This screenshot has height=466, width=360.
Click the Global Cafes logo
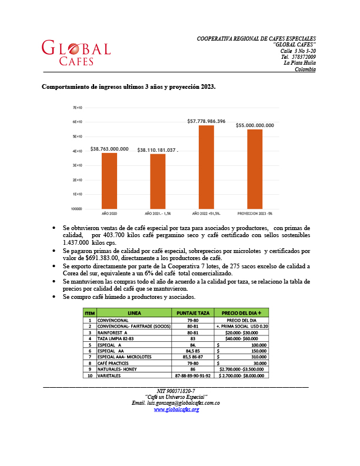(x=75, y=53)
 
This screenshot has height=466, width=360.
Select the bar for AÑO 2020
(x=109, y=181)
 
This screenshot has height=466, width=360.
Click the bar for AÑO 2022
(x=206, y=167)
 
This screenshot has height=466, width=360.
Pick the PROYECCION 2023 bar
(x=254, y=169)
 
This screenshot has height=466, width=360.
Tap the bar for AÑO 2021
(x=158, y=181)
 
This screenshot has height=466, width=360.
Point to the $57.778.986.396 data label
(x=206, y=121)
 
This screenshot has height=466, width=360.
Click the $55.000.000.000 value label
(x=254, y=125)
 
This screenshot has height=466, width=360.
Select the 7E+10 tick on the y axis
(x=77, y=108)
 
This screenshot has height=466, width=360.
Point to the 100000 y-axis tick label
(x=76, y=209)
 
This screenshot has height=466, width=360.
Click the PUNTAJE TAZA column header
(x=193, y=312)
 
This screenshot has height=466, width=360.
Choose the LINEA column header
(x=134, y=312)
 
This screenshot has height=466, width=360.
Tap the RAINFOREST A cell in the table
(x=113, y=332)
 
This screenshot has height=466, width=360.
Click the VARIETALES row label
(x=109, y=375)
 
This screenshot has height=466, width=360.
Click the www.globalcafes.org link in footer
(x=176, y=409)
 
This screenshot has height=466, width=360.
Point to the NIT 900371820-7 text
(x=176, y=391)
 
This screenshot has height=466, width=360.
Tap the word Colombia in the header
(x=305, y=69)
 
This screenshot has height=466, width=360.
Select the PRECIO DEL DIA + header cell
(x=242, y=312)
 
